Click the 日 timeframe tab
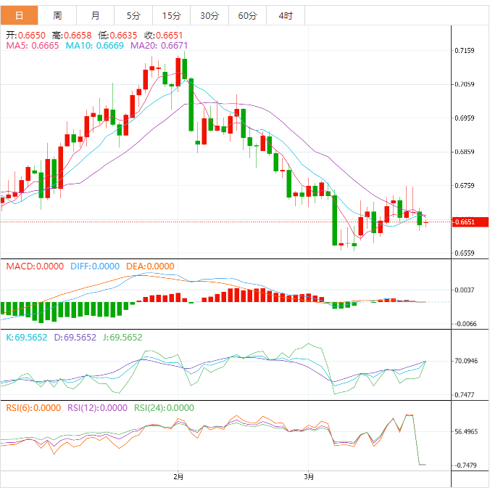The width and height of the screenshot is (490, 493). pos(19,15)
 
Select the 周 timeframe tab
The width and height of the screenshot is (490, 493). pos(57,15)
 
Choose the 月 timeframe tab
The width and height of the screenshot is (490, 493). pos(96,15)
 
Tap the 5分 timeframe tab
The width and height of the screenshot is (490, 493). pos(134,15)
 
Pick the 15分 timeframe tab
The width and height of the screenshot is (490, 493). pos(172,15)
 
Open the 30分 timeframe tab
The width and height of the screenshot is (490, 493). pos(209,15)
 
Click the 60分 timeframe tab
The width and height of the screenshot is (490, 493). pos(247,15)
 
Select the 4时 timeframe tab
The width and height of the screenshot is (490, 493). pos(285,15)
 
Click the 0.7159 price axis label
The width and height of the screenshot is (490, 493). pos(465,51)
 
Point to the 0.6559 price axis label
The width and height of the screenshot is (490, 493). pos(465,253)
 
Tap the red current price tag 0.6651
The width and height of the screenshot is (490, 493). pos(465,222)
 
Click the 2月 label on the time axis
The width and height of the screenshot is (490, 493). pos(178,476)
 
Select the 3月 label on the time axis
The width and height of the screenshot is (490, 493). pos(309,476)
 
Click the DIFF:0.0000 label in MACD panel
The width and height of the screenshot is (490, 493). pos(95,266)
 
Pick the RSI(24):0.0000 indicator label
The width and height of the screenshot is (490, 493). pos(164,407)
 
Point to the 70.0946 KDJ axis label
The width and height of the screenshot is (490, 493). pos(467,361)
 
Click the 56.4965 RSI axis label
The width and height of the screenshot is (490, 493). pos(467,431)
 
